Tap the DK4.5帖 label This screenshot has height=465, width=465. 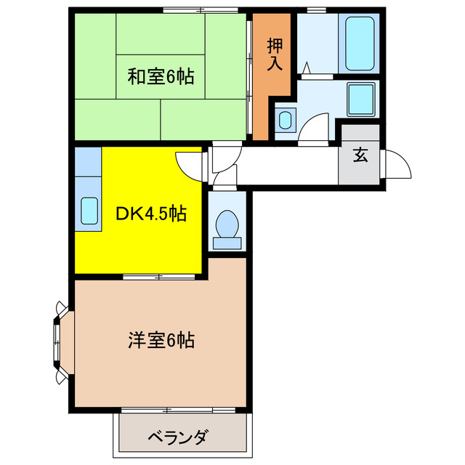pyautogui.click(x=153, y=214)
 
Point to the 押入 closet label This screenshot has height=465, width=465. pyautogui.click(x=275, y=54)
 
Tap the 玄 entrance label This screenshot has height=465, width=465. pyautogui.click(x=360, y=154)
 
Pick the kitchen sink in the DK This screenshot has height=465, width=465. pyautogui.click(x=89, y=210)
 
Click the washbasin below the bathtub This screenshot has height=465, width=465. pyautogui.click(x=360, y=100)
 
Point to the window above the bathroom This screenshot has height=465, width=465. pyautogui.click(x=316, y=9)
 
